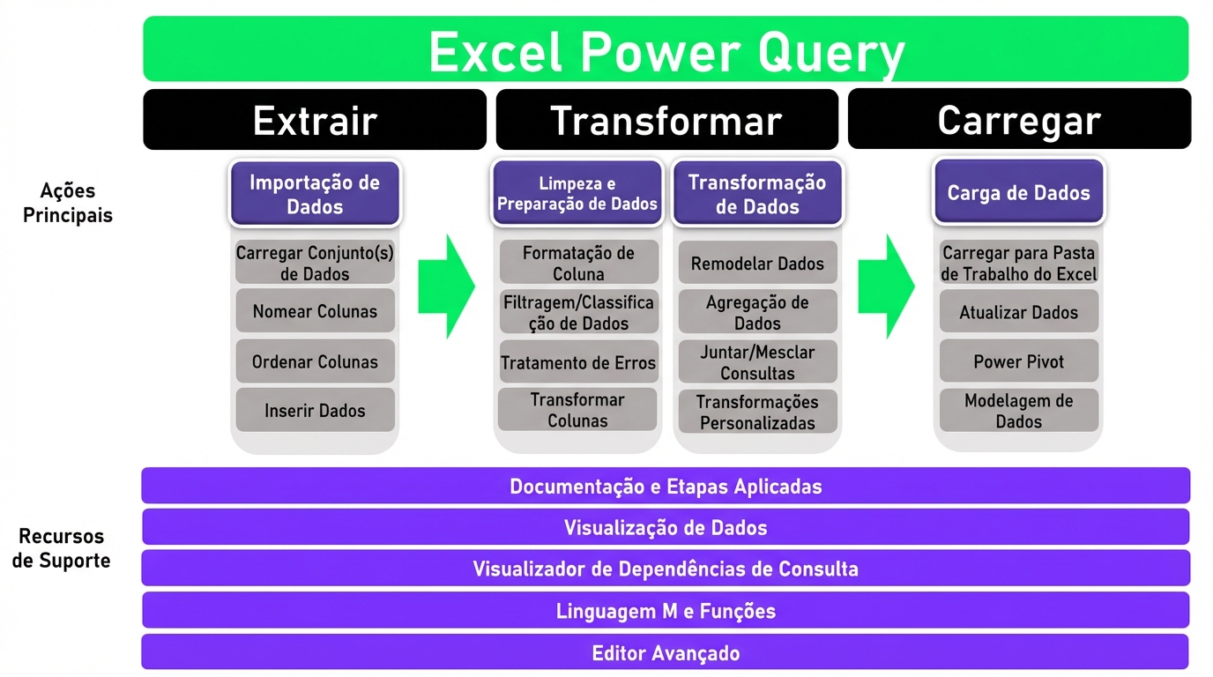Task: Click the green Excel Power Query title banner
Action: coord(666,49)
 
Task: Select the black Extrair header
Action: coord(315,119)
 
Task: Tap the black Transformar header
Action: coord(666,119)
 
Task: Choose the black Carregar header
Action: coord(1019,119)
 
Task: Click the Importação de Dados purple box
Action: coord(315,194)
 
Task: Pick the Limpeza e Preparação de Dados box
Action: coord(577,194)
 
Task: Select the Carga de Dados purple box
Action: coord(1018,192)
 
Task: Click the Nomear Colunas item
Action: coord(315,311)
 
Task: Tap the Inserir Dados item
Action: coord(315,410)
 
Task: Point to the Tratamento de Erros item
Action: coord(578,362)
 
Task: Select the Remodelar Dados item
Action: coord(757,263)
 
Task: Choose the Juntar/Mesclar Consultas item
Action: coord(757,361)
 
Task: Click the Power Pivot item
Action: coord(1018,361)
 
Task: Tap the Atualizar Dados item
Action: coord(1018,312)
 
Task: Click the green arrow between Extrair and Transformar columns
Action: coord(446,286)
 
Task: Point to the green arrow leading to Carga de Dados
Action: coord(886,286)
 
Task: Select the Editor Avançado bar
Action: coord(666,652)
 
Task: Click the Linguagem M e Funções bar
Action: coord(666,610)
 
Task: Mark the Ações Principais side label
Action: coord(68,203)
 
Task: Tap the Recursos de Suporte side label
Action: coord(62,548)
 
